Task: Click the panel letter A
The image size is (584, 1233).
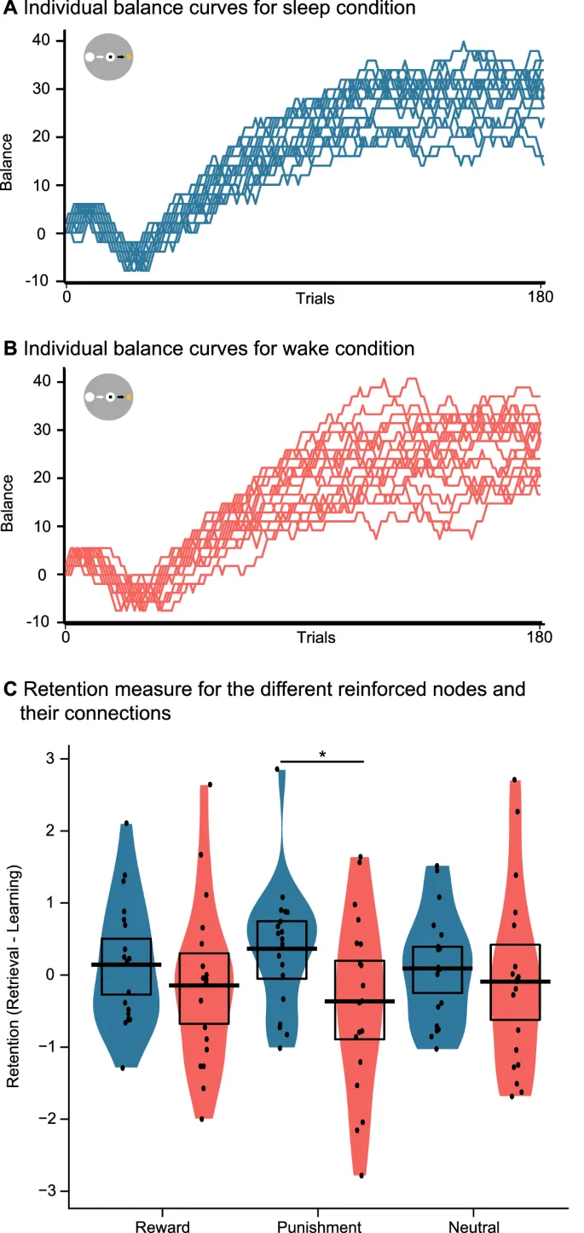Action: [x=11, y=9]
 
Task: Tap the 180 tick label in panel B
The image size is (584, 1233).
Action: [x=540, y=637]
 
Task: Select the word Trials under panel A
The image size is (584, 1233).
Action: [x=315, y=298]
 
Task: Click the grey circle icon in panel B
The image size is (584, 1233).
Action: [x=107, y=397]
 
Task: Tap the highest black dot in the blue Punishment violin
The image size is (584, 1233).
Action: [x=277, y=769]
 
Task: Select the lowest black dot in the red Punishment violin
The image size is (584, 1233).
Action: [x=361, y=1175]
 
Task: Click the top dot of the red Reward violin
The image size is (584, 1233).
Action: [x=210, y=784]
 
